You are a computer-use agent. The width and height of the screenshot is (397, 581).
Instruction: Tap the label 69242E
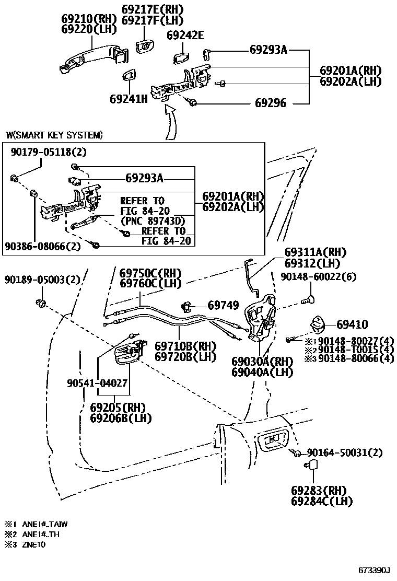tap(185, 35)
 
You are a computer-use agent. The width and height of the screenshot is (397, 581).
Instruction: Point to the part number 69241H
tap(129, 98)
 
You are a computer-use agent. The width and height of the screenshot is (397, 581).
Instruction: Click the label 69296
tap(270, 103)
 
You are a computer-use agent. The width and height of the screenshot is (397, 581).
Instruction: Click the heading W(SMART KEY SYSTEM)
tap(54, 135)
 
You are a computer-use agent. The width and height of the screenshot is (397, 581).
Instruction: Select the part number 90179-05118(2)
tap(48, 152)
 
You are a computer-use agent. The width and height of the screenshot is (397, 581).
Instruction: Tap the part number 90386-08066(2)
tap(43, 246)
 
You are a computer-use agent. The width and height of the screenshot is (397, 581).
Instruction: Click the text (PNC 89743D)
tap(152, 221)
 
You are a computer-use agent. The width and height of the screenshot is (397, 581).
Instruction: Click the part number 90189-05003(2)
tap(42, 280)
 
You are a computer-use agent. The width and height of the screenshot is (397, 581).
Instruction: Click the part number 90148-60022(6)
tap(318, 276)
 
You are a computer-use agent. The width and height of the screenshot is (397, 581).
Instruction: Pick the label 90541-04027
tap(97, 383)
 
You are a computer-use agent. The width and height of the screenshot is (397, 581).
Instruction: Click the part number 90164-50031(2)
tap(344, 452)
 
